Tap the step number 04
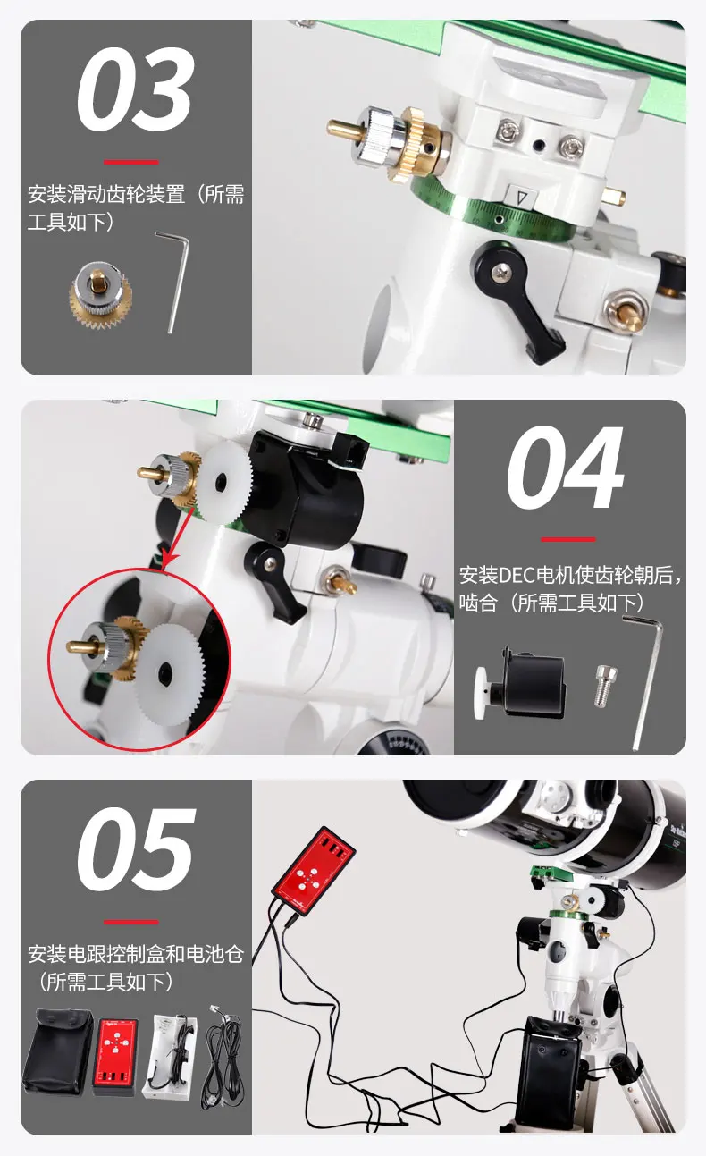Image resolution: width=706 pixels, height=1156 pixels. pos(565,469)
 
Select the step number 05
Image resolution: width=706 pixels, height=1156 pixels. pos(135,849)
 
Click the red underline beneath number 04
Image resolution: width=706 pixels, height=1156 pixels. pos(567,539)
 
